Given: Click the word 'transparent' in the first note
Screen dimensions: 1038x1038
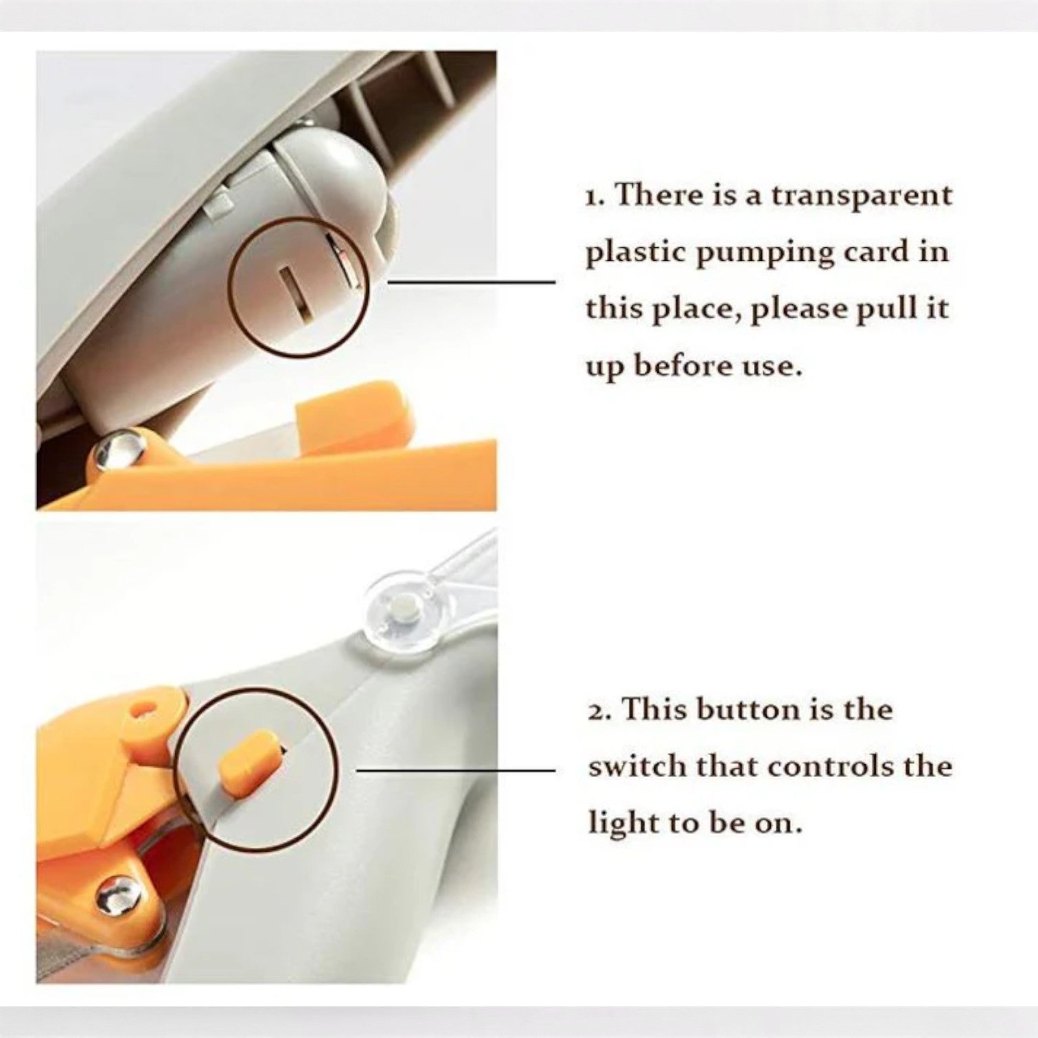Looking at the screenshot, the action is coord(862,196).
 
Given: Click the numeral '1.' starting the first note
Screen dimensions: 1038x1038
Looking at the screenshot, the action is coord(595,196).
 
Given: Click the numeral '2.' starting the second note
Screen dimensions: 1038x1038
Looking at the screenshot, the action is coord(598,710).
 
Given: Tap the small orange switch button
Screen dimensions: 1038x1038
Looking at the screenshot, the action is coord(249,757).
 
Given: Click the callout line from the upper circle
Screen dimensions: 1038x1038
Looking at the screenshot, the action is coord(472,281).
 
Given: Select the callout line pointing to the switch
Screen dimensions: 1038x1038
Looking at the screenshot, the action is coord(457,770).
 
